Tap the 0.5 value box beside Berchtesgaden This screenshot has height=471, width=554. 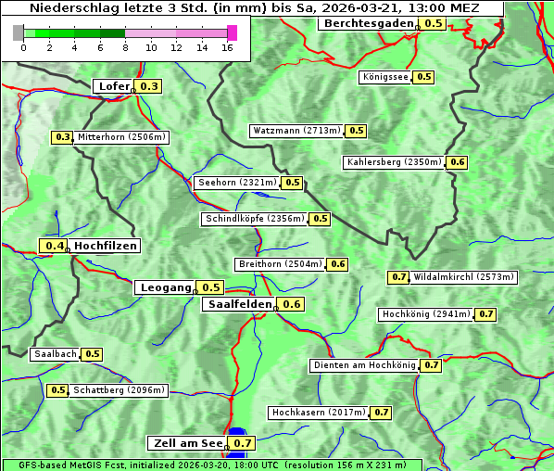point(434,23)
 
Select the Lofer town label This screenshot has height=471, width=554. point(114,86)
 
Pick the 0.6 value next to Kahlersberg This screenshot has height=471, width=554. point(458,162)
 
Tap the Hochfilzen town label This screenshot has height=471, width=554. point(106,246)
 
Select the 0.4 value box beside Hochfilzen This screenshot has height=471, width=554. point(55,246)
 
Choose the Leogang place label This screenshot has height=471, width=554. point(167,287)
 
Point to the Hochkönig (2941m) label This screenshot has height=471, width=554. point(426,314)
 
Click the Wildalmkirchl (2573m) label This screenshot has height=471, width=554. point(464,277)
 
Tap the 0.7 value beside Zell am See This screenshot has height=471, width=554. point(243,443)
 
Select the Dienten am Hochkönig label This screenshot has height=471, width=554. point(363,365)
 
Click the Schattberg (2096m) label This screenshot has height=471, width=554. point(120,390)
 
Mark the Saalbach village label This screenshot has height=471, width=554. point(55,354)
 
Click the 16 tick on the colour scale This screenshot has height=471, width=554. point(227,47)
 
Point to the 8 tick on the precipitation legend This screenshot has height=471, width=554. point(125,47)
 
